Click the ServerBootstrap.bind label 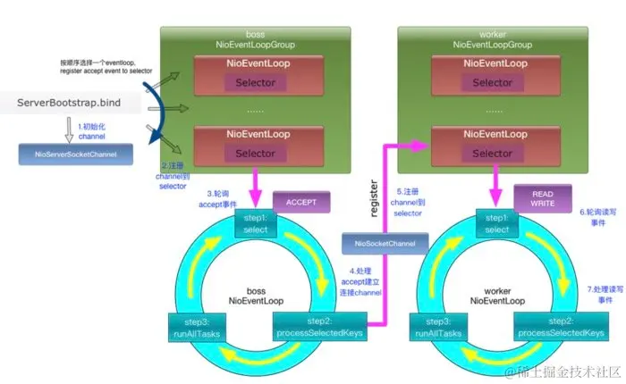click(x=75, y=104)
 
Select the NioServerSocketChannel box click(x=75, y=154)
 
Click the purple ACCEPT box click(x=300, y=202)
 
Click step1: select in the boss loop click(x=255, y=223)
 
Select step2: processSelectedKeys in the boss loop click(x=312, y=327)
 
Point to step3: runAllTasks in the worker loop click(x=438, y=327)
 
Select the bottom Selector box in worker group click(x=492, y=153)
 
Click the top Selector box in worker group click(x=492, y=83)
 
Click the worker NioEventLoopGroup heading click(x=492, y=38)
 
